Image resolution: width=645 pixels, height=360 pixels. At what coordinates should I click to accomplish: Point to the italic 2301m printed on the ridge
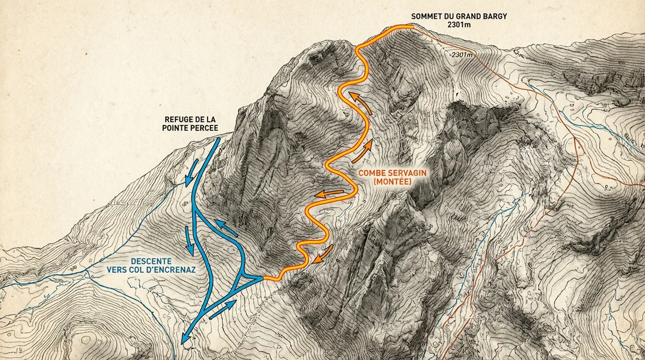tap(462, 55)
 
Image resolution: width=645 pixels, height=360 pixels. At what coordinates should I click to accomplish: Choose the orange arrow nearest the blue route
tap(323, 254)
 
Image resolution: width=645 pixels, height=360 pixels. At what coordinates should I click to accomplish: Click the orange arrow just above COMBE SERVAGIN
tap(362, 151)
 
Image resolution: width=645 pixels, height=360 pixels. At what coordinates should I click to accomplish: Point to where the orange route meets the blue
tap(263, 279)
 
